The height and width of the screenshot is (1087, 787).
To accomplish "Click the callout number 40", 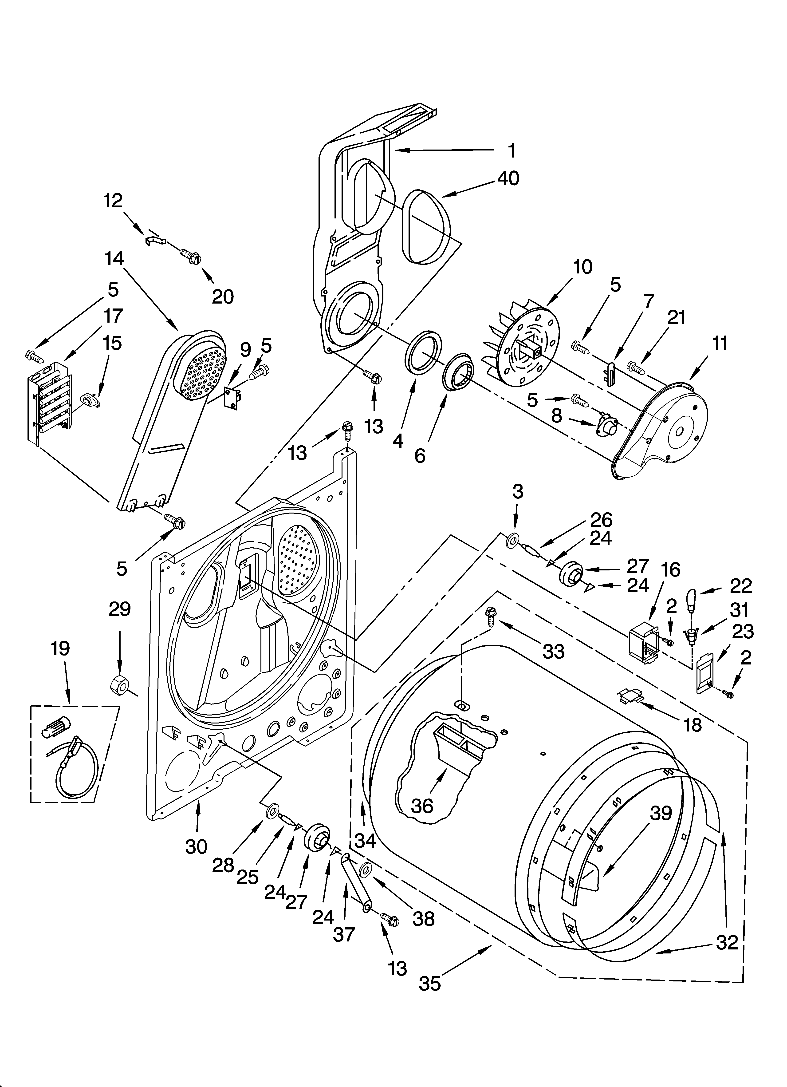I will click(x=508, y=179).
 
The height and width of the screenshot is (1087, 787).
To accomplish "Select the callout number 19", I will click(x=60, y=648).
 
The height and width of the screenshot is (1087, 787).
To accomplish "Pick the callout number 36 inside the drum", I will click(x=422, y=806).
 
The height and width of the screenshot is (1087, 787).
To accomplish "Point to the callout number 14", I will click(x=114, y=259).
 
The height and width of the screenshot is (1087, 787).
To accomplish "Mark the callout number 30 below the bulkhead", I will click(x=197, y=847).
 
